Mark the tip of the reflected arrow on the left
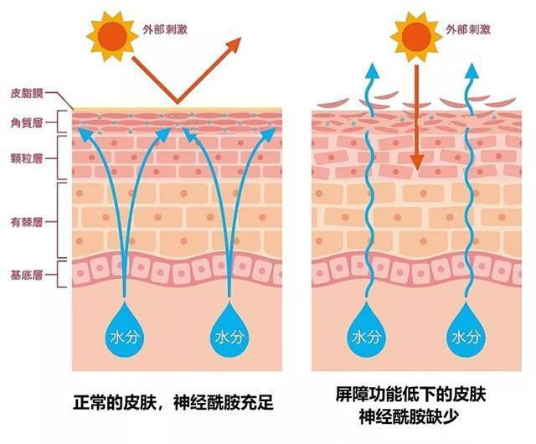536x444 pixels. (x=237, y=40)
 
